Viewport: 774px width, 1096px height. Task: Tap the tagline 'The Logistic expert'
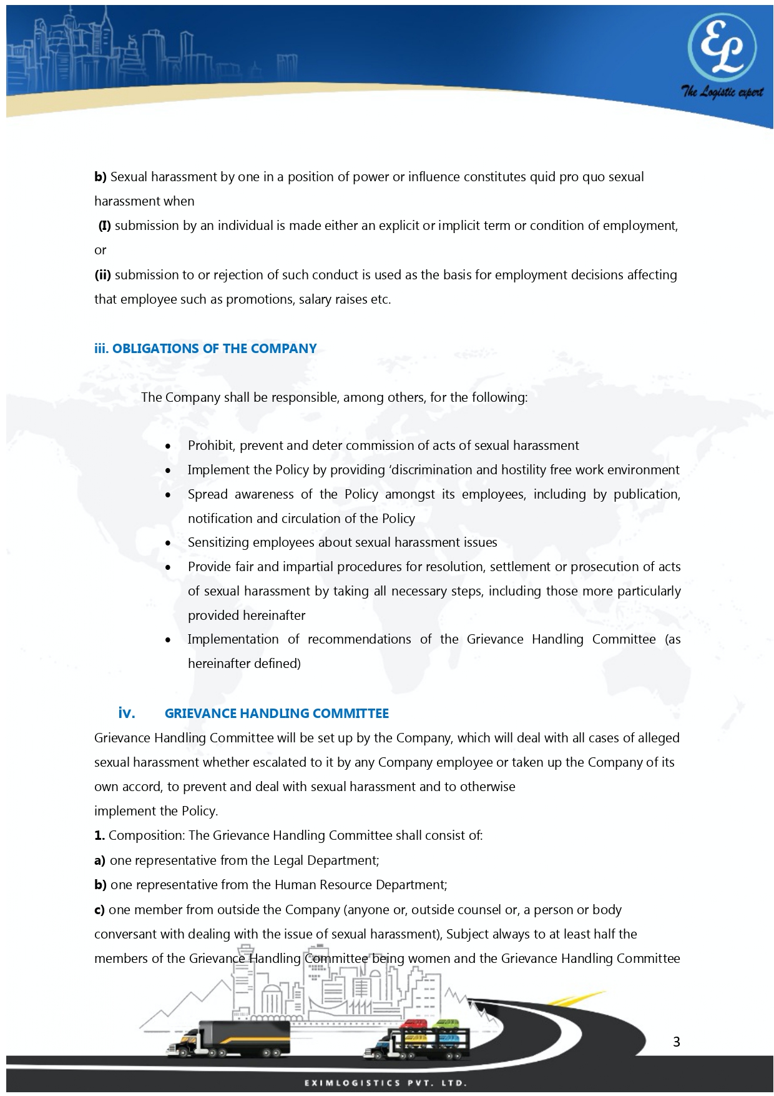722,92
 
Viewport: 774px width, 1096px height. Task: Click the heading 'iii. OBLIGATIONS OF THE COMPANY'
205,349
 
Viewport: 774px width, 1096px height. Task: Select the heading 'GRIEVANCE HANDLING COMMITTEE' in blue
277,714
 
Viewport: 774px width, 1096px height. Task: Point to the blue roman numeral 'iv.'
127,713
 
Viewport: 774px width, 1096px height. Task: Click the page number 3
677,1042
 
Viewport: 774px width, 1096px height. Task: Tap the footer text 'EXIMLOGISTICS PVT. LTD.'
386,1083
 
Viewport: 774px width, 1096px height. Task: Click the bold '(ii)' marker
102,275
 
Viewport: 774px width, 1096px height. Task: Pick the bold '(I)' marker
104,226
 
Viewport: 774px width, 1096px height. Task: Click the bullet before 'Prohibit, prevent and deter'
169,446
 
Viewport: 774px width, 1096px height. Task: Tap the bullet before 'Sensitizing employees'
169,543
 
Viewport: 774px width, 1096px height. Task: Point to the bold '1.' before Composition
99,835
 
